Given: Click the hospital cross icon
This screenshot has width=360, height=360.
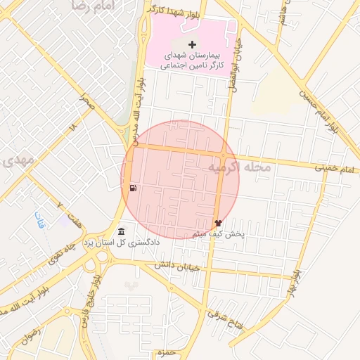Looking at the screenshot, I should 193,45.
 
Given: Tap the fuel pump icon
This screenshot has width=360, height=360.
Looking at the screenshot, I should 134,188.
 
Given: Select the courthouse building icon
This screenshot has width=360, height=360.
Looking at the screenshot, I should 122,232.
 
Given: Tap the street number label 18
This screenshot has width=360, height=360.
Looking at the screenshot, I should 72,127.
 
